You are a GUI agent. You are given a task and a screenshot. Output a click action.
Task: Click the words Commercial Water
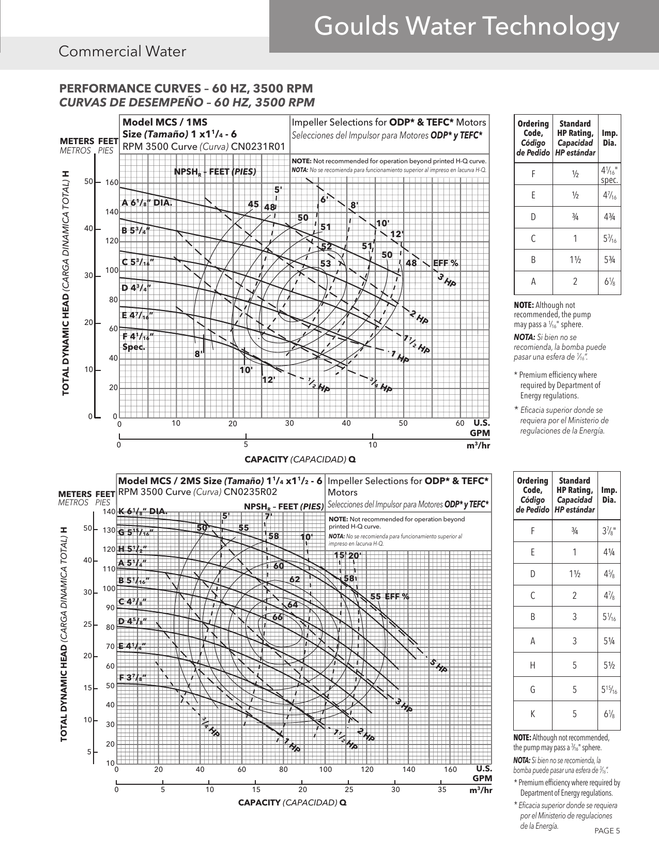point(122,52)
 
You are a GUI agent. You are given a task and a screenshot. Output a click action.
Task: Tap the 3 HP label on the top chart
point(447,281)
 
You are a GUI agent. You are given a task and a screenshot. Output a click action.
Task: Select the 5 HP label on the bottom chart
point(438,666)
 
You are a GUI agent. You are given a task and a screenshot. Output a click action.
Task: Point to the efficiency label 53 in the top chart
point(326,263)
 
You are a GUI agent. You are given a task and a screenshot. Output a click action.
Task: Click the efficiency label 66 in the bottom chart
point(278,617)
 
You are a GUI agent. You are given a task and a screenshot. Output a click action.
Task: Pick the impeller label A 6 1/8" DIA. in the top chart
point(147,203)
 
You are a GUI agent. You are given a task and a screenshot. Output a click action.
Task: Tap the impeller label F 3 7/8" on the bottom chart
point(132,677)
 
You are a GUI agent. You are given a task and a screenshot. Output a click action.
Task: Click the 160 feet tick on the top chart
point(112,183)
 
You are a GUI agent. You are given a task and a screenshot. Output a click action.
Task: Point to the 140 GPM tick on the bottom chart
point(409,769)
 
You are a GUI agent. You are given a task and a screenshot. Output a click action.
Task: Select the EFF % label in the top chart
point(446,263)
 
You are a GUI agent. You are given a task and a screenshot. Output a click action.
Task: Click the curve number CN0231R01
point(258,146)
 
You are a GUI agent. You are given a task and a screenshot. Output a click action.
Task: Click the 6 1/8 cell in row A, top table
point(609,282)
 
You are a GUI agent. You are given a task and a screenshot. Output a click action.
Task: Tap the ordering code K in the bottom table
point(532,714)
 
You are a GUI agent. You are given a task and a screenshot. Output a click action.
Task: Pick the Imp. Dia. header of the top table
point(609,138)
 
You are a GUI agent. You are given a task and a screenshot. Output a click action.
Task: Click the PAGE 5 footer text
point(607,831)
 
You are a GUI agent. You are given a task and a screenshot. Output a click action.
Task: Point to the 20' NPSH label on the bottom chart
point(355,555)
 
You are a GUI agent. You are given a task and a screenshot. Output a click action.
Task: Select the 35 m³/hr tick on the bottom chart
point(442,789)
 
